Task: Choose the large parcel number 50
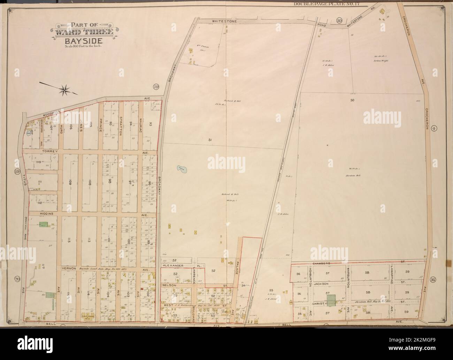point(352,100)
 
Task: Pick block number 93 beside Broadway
point(151,124)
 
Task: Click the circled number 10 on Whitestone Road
point(339,21)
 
